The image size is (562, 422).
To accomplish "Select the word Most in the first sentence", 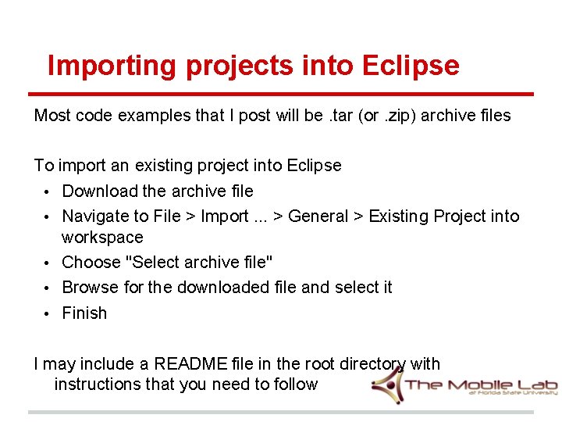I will point(52,116).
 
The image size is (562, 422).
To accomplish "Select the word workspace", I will point(102,237).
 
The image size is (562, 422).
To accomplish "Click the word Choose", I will point(91,262).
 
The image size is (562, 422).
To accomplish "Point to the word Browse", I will point(90,287).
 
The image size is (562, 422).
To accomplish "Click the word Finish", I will point(84,313).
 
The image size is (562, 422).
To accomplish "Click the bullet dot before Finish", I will point(47,313).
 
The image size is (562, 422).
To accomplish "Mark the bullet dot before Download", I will point(47,191).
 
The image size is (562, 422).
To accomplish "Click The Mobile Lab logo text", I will point(481,384).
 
